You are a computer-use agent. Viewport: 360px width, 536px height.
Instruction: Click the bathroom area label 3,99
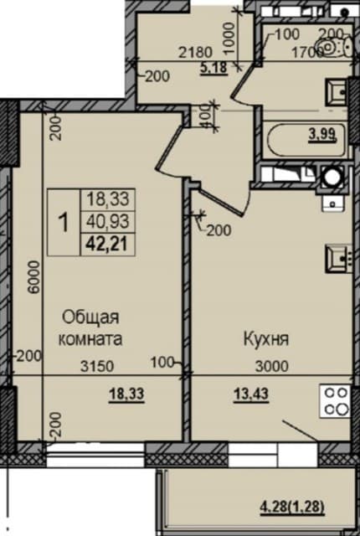pyautogui.click(x=323, y=133)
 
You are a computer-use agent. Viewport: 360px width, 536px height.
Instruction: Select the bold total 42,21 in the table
pyautogui.click(x=105, y=245)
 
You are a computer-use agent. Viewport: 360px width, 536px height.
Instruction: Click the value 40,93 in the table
pyautogui.click(x=105, y=222)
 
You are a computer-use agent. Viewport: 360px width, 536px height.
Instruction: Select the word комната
pyautogui.click(x=91, y=339)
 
